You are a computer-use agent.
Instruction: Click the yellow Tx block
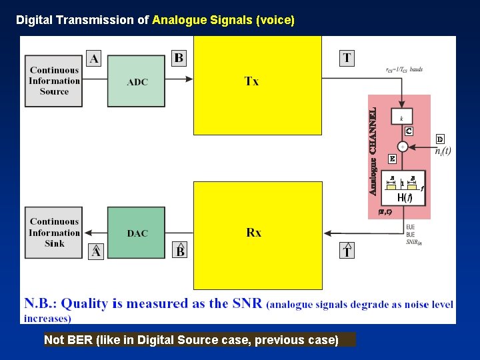point(257,85)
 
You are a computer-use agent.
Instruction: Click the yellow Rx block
point(257,235)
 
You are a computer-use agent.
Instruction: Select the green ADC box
point(137,81)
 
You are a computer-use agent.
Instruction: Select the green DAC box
point(137,233)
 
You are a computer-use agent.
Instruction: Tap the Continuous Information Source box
point(54,81)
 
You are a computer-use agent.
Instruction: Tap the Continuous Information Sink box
point(54,232)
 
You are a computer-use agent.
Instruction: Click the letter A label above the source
point(94,59)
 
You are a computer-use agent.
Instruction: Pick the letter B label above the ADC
point(179,58)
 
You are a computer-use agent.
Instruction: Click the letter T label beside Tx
point(347,58)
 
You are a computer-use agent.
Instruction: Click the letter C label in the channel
point(409,131)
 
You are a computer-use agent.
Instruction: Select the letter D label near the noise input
point(440,139)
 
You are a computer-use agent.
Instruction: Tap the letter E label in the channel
point(392,159)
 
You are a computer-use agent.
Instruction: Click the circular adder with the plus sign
point(403,146)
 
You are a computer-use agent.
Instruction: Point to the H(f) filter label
point(404,198)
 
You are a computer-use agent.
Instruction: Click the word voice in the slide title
point(275,20)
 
